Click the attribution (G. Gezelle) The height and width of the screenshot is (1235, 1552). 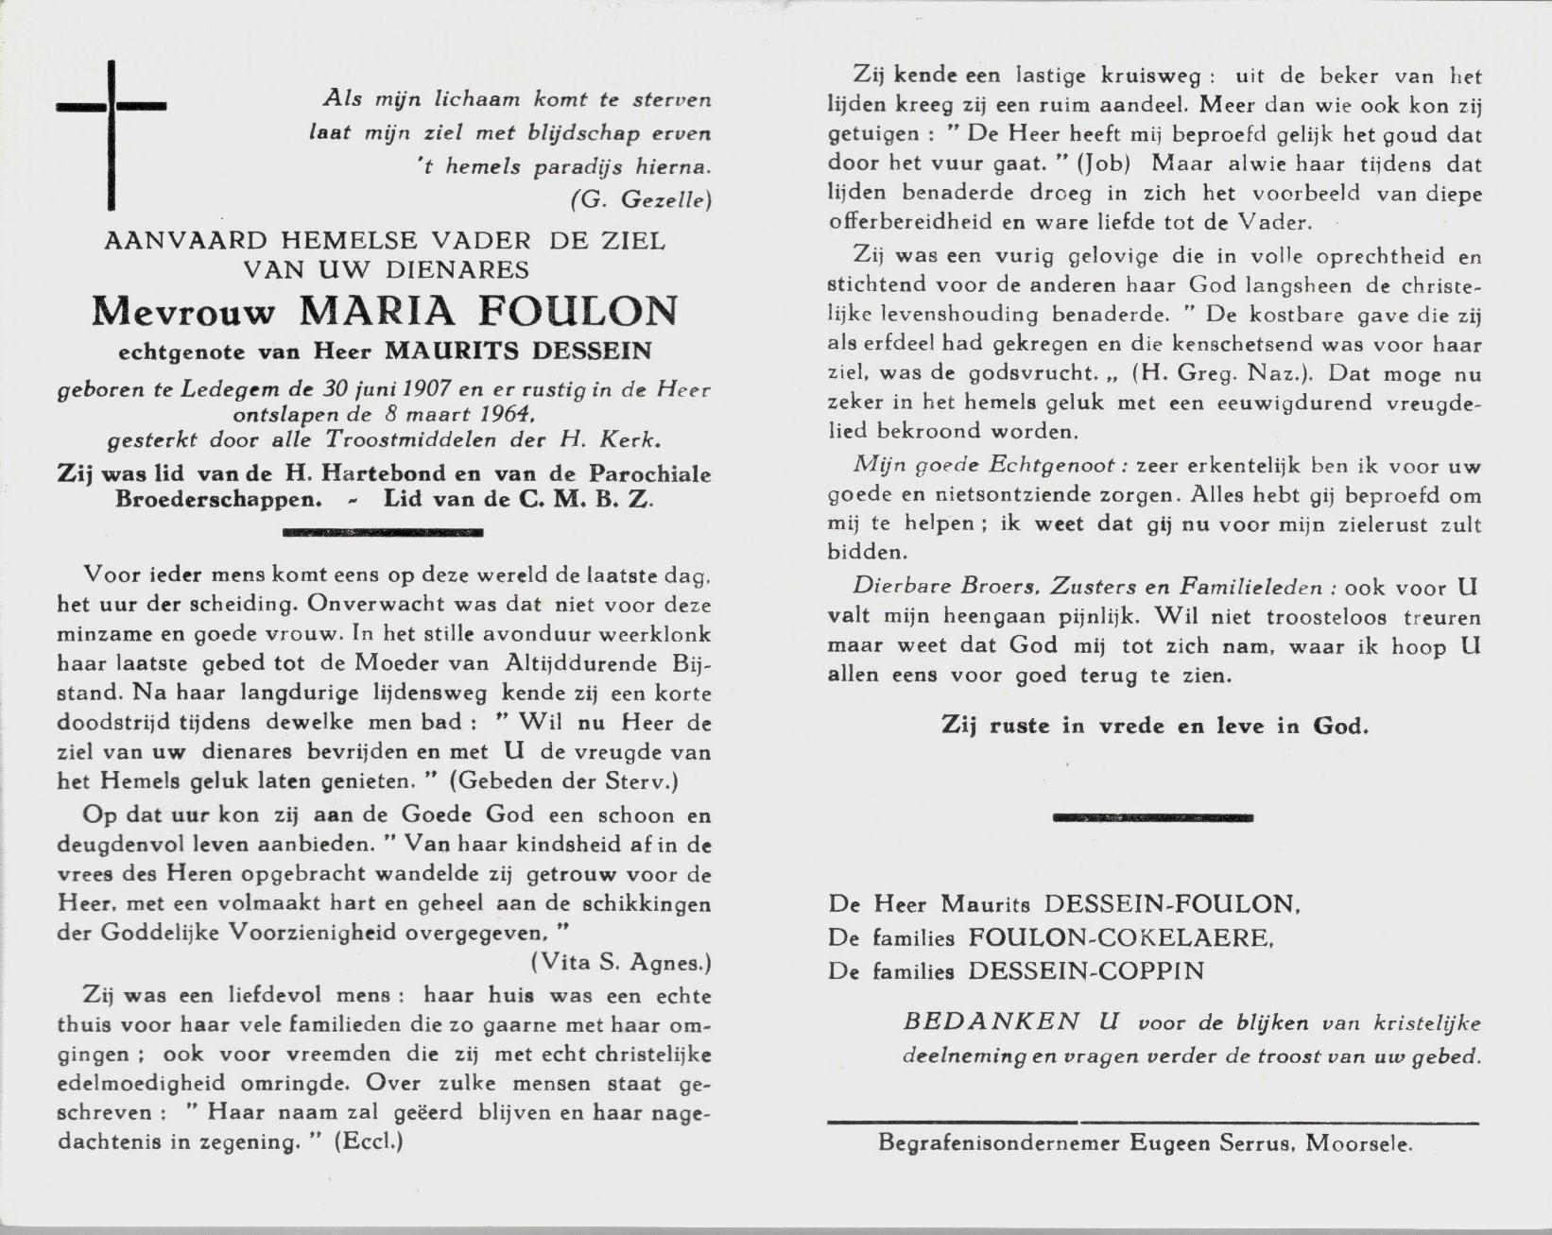pyautogui.click(x=641, y=199)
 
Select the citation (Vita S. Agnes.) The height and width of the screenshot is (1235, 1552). pyautogui.click(x=620, y=963)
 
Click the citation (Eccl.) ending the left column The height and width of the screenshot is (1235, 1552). pyautogui.click(x=370, y=1141)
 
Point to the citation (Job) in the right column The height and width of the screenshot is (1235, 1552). pyautogui.click(x=1104, y=163)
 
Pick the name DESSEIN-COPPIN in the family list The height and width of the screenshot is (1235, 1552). pyautogui.click(x=1086, y=970)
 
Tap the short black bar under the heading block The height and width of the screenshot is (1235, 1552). pyautogui.click(x=383, y=533)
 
